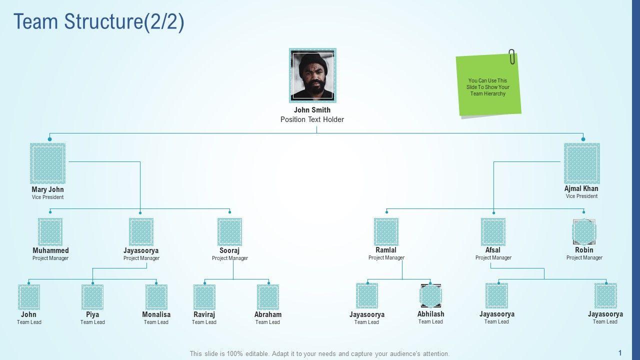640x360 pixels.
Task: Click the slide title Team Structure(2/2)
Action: coord(99,22)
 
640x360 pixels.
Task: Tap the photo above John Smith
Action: coord(312,75)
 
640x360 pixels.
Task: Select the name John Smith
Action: coord(312,110)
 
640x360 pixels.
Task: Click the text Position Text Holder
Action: coord(312,119)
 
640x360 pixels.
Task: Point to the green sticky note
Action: coord(488,85)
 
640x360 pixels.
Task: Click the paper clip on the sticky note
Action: coord(512,57)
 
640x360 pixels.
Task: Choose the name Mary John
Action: coord(47,189)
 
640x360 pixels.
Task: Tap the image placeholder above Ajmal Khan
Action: coord(582,163)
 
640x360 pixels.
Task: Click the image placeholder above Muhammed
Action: coord(50,231)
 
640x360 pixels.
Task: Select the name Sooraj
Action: coord(229,250)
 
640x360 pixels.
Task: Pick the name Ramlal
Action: coord(386,250)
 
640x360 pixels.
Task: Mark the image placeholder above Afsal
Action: coord(493,231)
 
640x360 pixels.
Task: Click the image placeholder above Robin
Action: coord(584,231)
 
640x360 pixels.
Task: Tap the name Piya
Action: coord(92,314)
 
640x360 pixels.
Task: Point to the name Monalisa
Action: coord(156,314)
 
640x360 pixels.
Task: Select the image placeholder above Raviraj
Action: coord(204,297)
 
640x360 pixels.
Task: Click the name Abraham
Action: coord(268,314)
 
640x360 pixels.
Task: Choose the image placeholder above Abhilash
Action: coord(430,296)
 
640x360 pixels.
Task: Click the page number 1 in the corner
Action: coord(620,352)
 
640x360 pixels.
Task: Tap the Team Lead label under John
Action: coord(29,322)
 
